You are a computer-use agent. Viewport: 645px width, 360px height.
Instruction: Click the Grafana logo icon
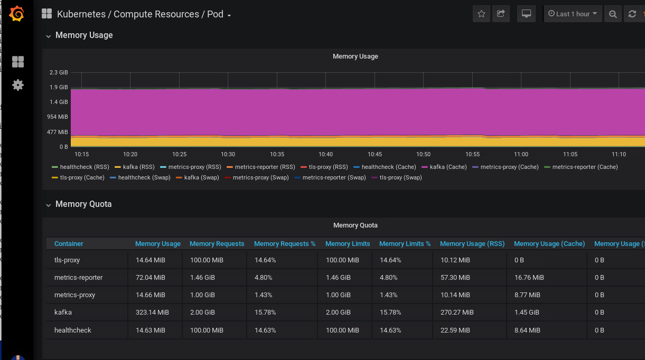click(16, 14)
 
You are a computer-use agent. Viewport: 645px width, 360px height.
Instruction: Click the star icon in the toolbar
click(481, 14)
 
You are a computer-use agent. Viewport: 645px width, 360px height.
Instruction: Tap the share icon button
click(501, 14)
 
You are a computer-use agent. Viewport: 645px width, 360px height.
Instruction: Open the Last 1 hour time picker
click(573, 14)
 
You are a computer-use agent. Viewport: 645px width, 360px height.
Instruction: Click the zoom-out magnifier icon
click(613, 14)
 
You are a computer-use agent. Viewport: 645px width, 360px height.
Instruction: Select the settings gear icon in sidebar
click(18, 85)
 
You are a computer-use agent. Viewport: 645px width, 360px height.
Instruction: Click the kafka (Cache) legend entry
click(444, 167)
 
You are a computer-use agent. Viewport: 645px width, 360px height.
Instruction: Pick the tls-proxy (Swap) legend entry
click(397, 177)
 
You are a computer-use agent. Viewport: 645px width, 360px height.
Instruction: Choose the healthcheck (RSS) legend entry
click(80, 167)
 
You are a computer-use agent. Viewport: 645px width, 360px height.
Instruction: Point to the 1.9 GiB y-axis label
click(59, 87)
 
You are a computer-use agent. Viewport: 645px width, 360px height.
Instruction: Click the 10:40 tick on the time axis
click(325, 154)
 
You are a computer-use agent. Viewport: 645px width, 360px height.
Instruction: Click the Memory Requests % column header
click(285, 244)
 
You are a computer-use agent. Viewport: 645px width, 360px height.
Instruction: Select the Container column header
click(69, 244)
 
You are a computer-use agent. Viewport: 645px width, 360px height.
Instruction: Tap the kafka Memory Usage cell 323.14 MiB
click(152, 312)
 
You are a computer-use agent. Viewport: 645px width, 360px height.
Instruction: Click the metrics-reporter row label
click(78, 278)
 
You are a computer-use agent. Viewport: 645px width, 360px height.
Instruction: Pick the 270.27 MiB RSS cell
click(457, 312)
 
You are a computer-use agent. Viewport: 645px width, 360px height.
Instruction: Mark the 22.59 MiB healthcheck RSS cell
click(455, 330)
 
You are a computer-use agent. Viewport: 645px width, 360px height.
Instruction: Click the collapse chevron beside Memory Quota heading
click(49, 205)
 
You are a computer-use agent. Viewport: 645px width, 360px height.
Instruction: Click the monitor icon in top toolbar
click(526, 14)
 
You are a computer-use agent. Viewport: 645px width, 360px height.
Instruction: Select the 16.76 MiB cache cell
click(529, 278)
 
